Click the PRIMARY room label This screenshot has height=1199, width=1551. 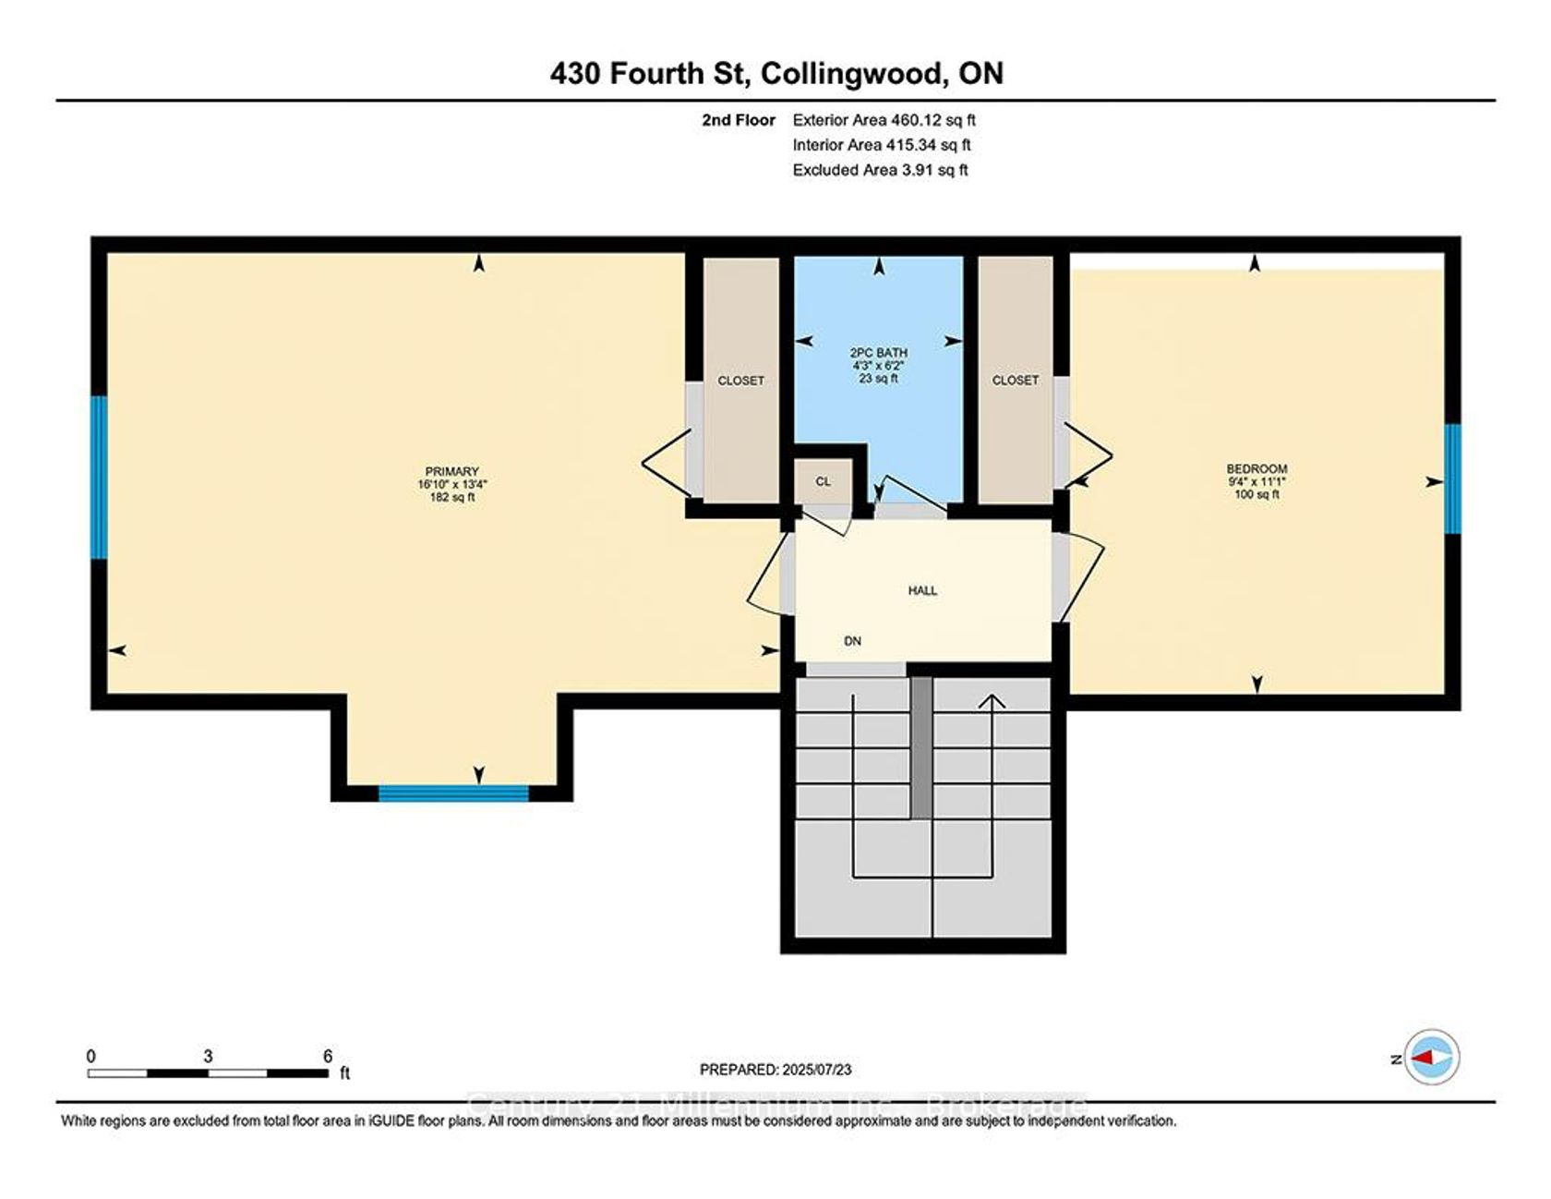[452, 471]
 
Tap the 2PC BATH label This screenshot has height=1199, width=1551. [879, 353]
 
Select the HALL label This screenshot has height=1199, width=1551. [922, 590]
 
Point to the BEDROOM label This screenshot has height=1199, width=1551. [1256, 469]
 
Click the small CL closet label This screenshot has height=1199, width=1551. [823, 481]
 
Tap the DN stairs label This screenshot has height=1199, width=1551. [852, 640]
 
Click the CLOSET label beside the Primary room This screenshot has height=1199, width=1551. [741, 381]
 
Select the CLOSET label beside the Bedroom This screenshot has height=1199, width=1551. [1016, 381]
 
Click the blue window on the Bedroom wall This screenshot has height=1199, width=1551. [1452, 478]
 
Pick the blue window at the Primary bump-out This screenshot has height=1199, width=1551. [453, 793]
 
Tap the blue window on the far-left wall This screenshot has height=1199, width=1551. [99, 477]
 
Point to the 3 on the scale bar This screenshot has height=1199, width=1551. [208, 1057]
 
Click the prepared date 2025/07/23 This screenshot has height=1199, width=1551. [817, 1070]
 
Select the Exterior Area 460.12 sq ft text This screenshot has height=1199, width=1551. [884, 120]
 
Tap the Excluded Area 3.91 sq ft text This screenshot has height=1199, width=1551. [880, 170]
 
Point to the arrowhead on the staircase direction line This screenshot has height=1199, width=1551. [992, 701]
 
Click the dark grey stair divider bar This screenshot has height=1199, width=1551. [921, 747]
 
